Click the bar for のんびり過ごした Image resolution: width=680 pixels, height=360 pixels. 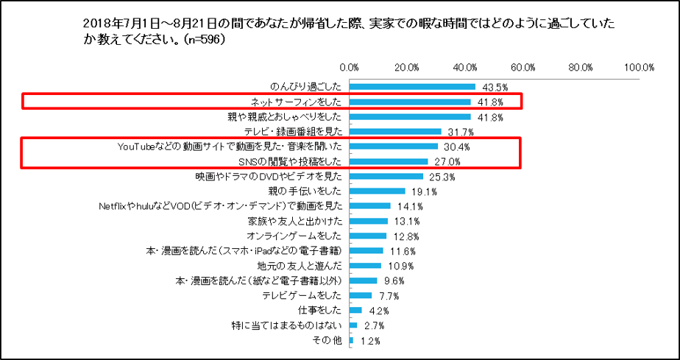[x=412, y=87]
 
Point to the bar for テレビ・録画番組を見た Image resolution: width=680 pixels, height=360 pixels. [x=395, y=132]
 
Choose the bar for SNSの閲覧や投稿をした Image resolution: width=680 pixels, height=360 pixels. [x=389, y=162]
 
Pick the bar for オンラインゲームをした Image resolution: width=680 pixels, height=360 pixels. [x=368, y=236]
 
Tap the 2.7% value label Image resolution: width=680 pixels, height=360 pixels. [x=370, y=325]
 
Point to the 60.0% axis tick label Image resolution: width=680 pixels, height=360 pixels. [x=523, y=67]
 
